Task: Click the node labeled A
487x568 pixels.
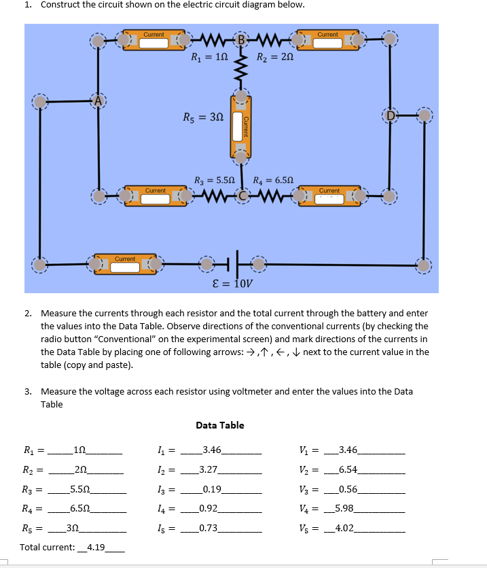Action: (x=99, y=101)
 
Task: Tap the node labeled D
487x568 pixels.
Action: (x=389, y=114)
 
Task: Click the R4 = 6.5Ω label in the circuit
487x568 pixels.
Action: (x=273, y=181)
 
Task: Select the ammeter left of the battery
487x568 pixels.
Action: (x=127, y=264)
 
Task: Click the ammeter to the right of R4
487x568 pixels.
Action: (x=331, y=196)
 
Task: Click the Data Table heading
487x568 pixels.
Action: (x=220, y=425)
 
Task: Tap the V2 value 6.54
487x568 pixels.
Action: (x=351, y=469)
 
